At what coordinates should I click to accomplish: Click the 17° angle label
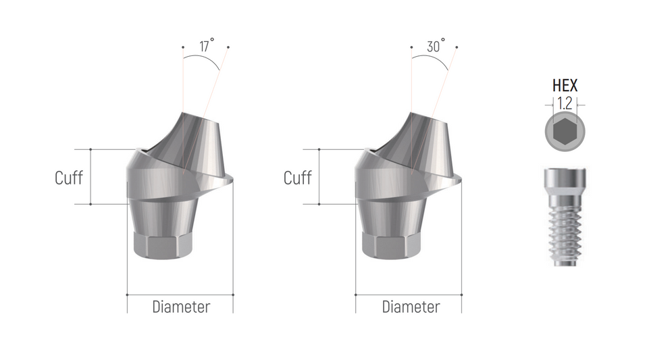pos(207,46)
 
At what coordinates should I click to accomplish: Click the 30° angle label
pos(436,46)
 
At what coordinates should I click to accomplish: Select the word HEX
pos(565,86)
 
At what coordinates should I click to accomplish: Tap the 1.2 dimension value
pos(565,103)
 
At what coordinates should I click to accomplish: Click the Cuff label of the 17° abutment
pos(69,178)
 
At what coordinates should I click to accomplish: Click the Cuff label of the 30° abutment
pos(298,178)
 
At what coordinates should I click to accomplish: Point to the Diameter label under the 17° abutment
pos(181,307)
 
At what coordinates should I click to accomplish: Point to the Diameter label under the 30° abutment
pos(411,307)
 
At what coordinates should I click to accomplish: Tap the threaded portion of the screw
pos(565,233)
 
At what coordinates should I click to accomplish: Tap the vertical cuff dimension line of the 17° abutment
pos(91,176)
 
